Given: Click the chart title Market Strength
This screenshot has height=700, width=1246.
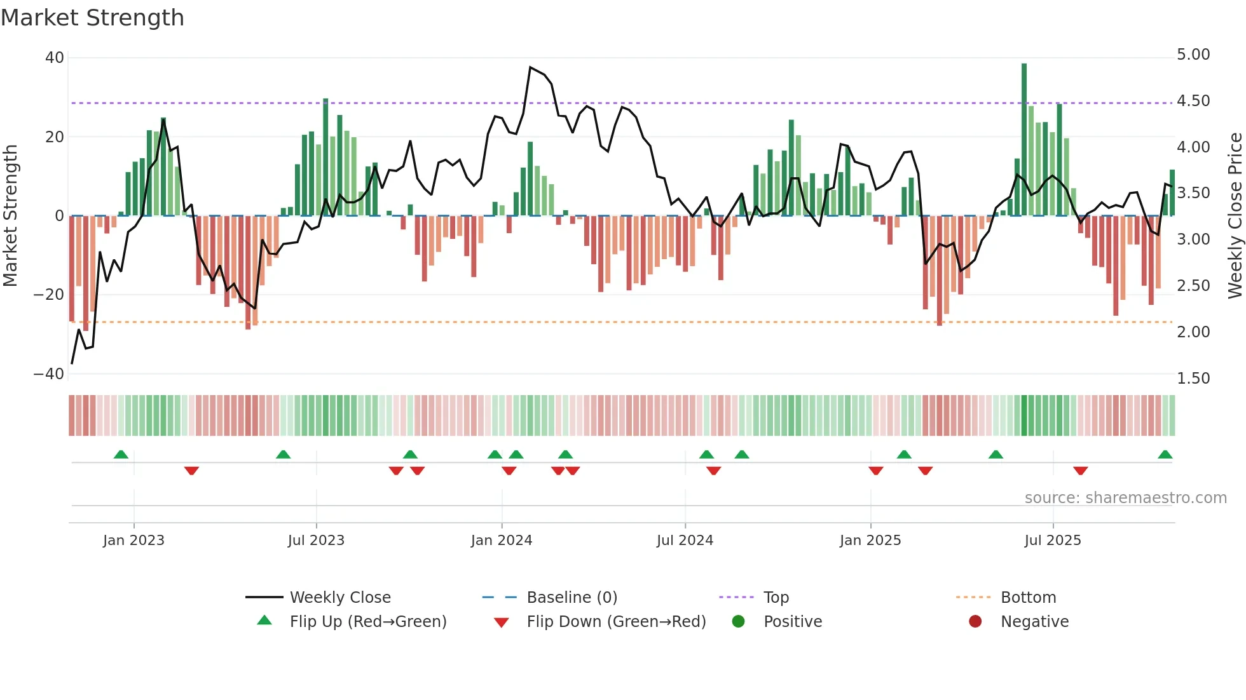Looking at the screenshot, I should pos(92,18).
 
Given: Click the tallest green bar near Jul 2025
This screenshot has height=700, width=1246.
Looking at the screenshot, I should pos(1024,140).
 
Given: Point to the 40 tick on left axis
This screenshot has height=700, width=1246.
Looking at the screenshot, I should pos(55,58).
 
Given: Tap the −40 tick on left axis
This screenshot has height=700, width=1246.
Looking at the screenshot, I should pos(49,374).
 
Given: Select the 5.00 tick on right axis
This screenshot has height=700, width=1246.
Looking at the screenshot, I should pos(1193,55).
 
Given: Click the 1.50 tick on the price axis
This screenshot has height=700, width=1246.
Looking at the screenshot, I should pos(1193,379).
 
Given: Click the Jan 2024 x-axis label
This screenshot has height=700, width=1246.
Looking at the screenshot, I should pos(502,541).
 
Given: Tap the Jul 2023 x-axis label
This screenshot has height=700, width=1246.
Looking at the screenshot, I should pos(316,541).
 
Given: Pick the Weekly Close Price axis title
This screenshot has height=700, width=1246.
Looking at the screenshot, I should pos(1235,215).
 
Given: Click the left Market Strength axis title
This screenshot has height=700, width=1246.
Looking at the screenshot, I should pos(10,215).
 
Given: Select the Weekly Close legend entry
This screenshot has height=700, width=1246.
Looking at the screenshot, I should pos(340,598).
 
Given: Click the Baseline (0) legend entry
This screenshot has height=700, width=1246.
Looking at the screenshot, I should pos(572,598).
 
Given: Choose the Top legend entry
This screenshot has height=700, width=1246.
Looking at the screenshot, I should pos(776,598).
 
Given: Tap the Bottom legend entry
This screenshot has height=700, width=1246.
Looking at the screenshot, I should pos(1028,598).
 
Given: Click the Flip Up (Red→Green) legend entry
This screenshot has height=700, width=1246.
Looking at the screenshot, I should pos(367,622).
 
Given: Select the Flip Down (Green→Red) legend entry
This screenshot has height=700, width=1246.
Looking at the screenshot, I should pos(616,622).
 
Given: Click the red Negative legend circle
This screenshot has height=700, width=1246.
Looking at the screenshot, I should pos(975,621).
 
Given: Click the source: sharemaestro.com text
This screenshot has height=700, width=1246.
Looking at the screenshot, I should pos(1125,498).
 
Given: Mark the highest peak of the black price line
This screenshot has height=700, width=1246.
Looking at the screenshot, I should pos(530,67).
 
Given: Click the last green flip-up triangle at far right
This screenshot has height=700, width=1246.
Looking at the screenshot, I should pos(1165,455).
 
